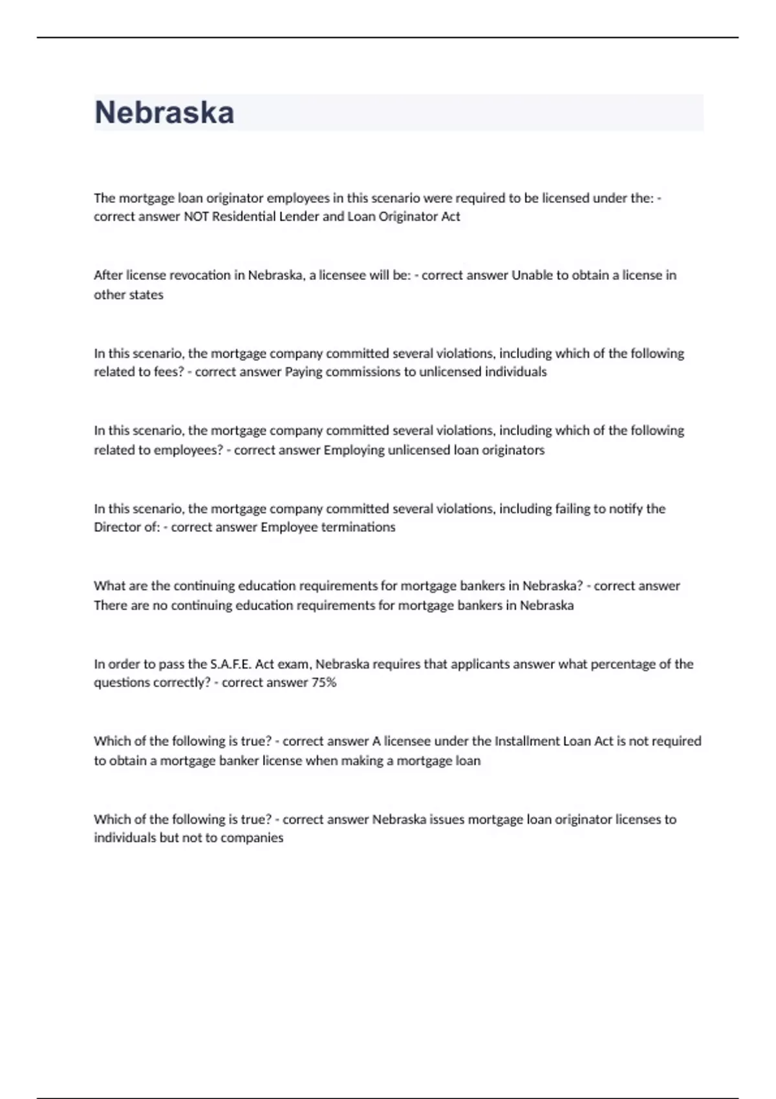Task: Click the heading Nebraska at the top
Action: point(164,112)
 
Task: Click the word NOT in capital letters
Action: point(196,217)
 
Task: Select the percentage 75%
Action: point(323,683)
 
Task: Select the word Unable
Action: point(532,275)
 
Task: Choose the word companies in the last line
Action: point(252,838)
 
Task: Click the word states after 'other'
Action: point(146,295)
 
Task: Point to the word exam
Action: point(294,664)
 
